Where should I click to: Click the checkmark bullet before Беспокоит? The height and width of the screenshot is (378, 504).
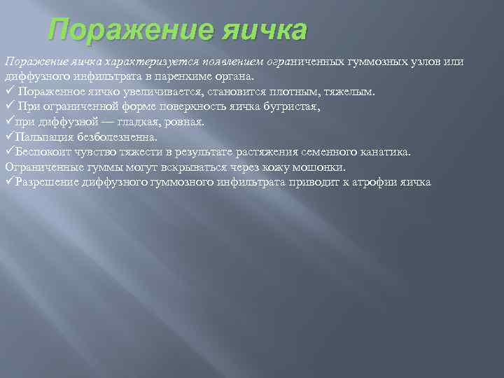click(x=9, y=152)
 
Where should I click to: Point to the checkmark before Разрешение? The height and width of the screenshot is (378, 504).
click(x=9, y=182)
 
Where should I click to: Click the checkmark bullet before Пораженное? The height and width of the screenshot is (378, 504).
click(x=10, y=92)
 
